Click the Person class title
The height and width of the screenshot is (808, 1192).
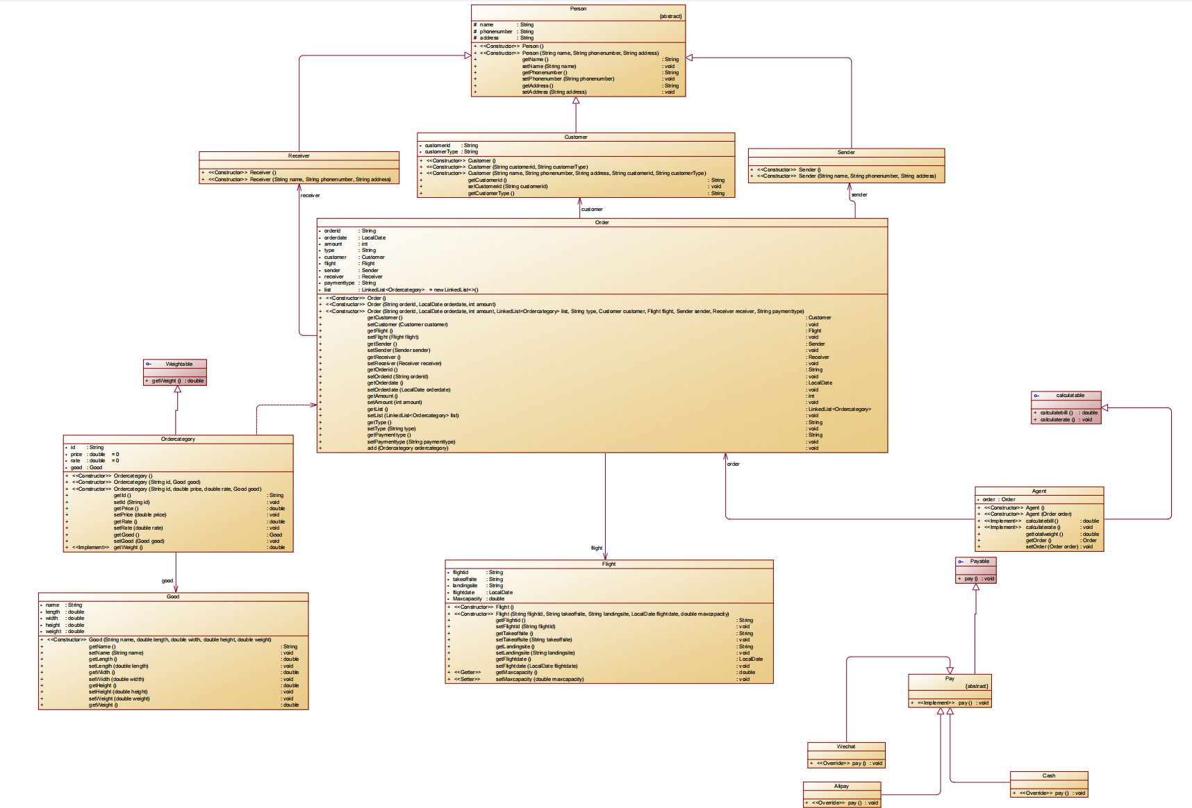click(578, 9)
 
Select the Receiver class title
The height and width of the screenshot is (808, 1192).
click(299, 156)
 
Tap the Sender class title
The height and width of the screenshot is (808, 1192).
click(846, 152)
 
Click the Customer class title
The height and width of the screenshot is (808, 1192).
click(576, 137)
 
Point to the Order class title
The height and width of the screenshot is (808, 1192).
click(602, 223)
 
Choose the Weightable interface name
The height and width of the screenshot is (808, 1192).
click(179, 364)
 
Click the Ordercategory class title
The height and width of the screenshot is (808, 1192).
click(178, 439)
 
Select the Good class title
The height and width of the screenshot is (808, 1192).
click(173, 597)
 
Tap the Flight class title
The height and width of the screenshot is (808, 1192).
click(609, 564)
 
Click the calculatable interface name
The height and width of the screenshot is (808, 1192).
click(1070, 396)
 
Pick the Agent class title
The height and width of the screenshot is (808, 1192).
click(1038, 491)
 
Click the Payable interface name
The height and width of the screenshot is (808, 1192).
click(979, 561)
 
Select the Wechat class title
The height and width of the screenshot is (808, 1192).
click(846, 747)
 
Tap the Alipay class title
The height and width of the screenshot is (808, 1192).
click(841, 786)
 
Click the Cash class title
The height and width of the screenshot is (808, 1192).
click(1049, 776)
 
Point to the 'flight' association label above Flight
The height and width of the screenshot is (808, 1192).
click(597, 548)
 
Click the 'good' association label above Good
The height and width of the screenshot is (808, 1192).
click(167, 581)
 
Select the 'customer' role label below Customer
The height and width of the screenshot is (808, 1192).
click(592, 209)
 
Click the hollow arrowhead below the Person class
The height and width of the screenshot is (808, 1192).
click(576, 101)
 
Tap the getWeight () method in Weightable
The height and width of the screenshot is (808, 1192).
click(167, 381)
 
